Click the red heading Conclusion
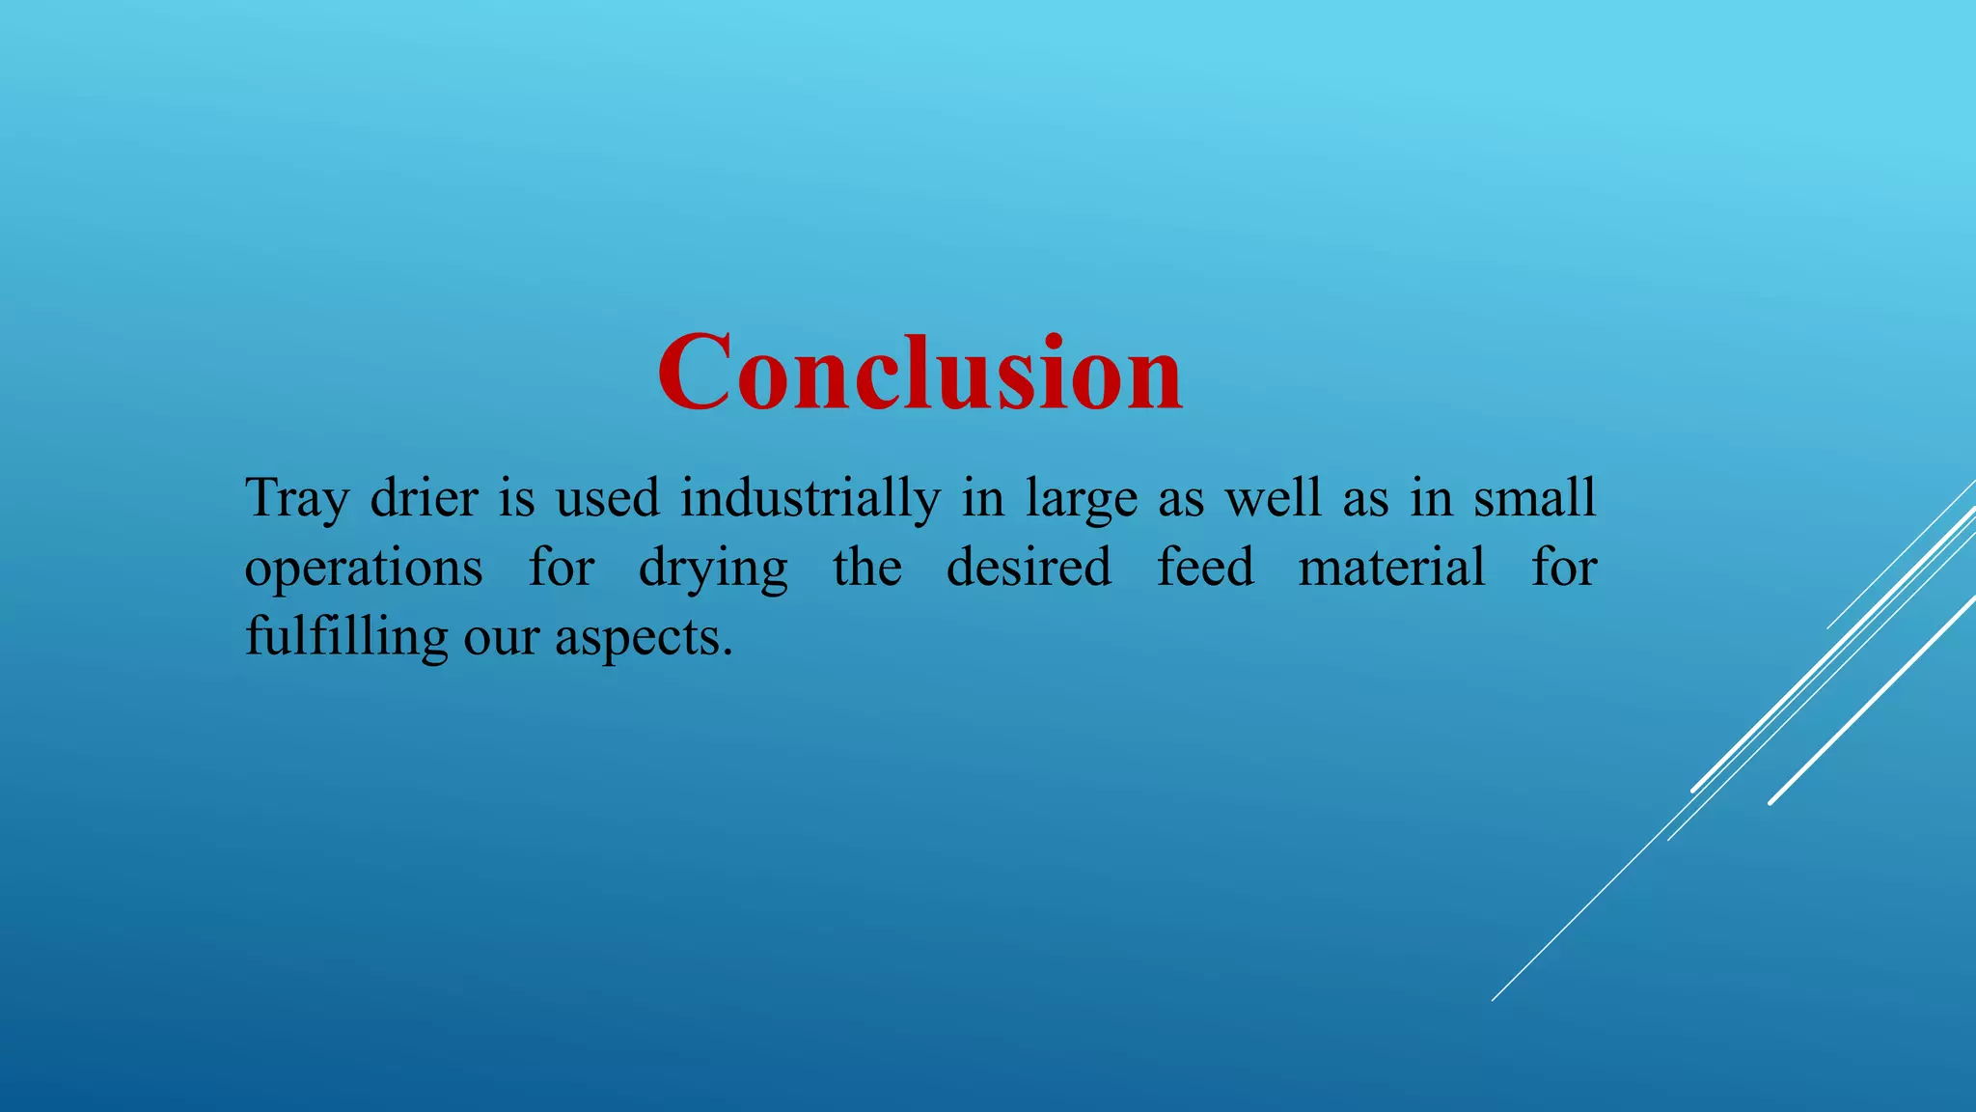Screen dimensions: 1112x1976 [919, 373]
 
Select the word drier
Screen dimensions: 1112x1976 [424, 498]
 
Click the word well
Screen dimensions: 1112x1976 [1273, 498]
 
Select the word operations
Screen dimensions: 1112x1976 [364, 569]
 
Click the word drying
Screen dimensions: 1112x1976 [713, 569]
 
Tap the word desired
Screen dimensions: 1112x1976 [1029, 567]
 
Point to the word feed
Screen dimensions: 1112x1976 [1205, 567]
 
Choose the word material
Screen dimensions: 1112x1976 [1391, 567]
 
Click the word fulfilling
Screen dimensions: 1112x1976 [346, 638]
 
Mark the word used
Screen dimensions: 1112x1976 [607, 498]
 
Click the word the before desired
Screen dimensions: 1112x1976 [867, 567]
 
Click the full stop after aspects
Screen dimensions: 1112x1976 [727, 653]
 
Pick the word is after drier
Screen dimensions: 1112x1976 [516, 498]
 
